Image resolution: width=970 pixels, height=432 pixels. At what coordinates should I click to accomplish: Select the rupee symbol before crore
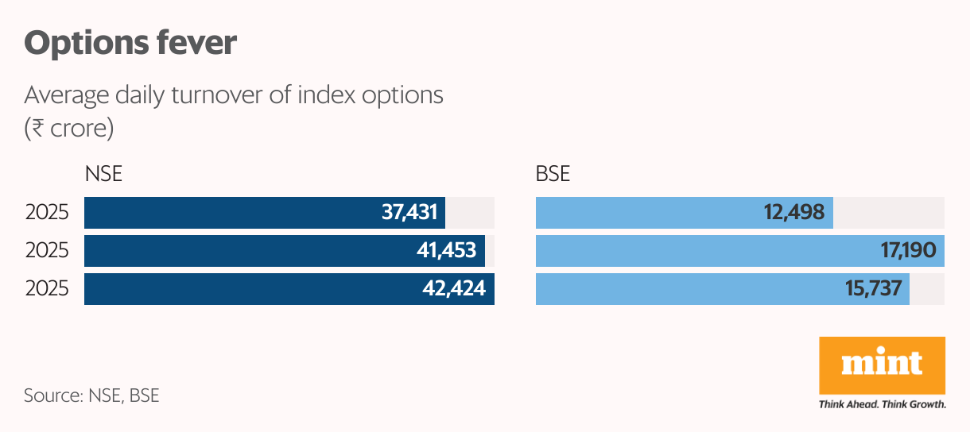click(34, 128)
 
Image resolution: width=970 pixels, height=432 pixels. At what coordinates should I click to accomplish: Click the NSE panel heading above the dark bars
click(103, 174)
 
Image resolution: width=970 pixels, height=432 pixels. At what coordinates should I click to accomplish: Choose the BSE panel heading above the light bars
click(553, 174)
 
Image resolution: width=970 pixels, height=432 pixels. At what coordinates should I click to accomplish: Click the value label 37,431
click(409, 213)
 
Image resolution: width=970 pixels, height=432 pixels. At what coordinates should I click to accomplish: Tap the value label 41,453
click(448, 251)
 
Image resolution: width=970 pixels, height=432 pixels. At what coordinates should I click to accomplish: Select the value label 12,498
click(792, 213)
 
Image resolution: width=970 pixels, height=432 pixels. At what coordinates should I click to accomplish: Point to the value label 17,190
click(906, 251)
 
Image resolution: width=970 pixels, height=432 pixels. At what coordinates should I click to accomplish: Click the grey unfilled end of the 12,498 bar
click(888, 213)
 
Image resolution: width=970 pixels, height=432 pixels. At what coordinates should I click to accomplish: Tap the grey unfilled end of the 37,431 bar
click(469, 213)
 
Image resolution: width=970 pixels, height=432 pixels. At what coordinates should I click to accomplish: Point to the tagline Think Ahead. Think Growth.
click(882, 404)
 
